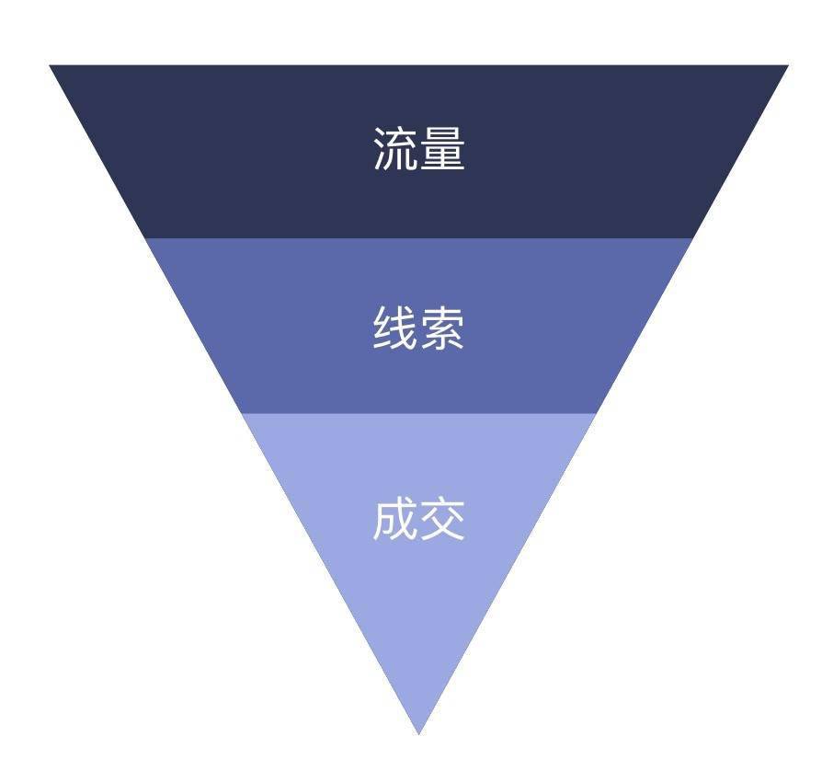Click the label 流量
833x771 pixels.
[418, 149]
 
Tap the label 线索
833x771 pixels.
[418, 328]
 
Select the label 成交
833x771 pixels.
[418, 519]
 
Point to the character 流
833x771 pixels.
[395, 149]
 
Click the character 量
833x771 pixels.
[442, 149]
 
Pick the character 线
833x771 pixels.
[395, 328]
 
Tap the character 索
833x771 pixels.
[442, 328]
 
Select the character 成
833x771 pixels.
[395, 519]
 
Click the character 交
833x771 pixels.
[442, 519]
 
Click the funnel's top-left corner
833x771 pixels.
[51, 66]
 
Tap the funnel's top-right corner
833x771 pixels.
[788, 66]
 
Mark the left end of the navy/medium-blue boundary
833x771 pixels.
[145, 238]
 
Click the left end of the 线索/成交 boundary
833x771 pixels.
[242, 413]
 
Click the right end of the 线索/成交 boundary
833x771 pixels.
[597, 413]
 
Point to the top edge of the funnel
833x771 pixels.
[419, 66]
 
